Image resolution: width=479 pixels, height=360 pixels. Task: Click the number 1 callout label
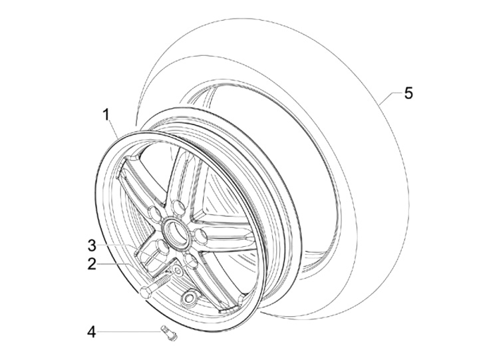click(106, 114)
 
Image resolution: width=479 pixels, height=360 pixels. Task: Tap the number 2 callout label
click(92, 264)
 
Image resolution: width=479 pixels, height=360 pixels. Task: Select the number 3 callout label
click(92, 244)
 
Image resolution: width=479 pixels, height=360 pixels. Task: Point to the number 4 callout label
click(92, 331)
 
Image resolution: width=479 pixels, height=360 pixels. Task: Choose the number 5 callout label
click(408, 92)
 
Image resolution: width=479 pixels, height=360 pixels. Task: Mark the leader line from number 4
click(129, 331)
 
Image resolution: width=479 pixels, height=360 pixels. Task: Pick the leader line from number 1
click(114, 128)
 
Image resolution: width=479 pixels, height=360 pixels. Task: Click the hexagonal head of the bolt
click(146, 291)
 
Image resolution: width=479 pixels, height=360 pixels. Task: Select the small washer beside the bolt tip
click(177, 271)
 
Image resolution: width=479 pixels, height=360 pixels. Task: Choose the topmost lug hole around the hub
click(178, 205)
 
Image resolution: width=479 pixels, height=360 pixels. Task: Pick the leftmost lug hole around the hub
click(154, 214)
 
